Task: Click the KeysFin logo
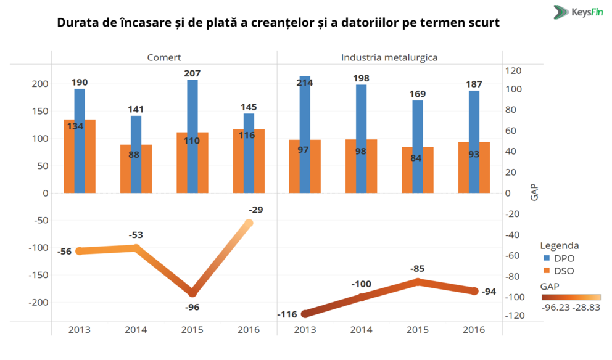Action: [x=578, y=12]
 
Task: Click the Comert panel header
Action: [x=164, y=57]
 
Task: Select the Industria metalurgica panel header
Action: [x=389, y=57]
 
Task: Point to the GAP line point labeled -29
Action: [x=249, y=223]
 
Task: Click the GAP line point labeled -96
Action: [x=192, y=293]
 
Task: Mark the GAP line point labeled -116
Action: [x=305, y=314]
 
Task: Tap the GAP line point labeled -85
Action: [x=418, y=282]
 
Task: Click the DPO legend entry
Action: [x=558, y=258]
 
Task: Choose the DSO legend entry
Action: [x=558, y=271]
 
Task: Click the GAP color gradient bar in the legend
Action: [x=570, y=297]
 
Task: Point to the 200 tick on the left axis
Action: [x=41, y=84]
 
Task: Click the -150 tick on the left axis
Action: [x=38, y=275]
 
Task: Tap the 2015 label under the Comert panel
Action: [x=192, y=330]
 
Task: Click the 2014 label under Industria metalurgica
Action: [x=362, y=330]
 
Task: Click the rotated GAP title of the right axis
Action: [x=534, y=192]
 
